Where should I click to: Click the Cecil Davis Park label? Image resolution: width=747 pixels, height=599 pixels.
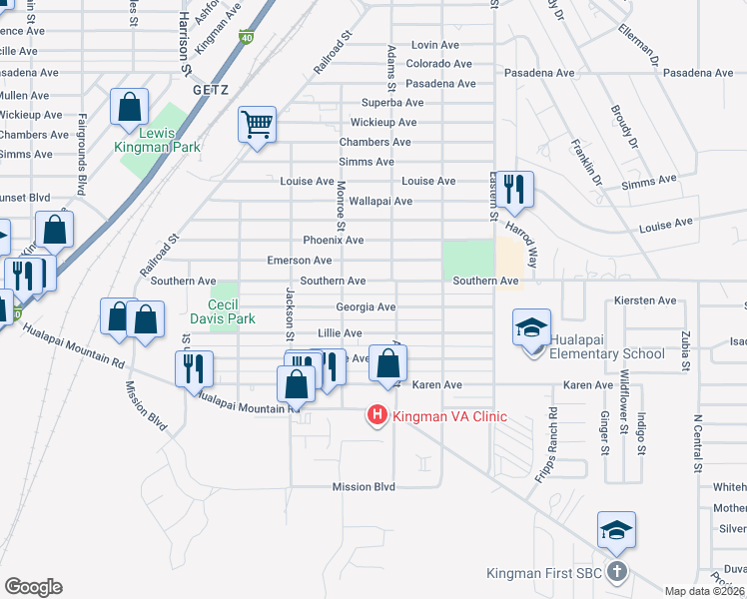(x=226, y=311)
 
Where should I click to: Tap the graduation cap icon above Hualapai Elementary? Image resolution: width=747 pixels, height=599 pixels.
(x=531, y=326)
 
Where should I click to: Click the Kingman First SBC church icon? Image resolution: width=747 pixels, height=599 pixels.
(x=617, y=572)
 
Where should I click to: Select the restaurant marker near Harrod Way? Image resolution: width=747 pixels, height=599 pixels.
(x=515, y=189)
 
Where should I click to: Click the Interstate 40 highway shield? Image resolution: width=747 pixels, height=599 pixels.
(x=246, y=38)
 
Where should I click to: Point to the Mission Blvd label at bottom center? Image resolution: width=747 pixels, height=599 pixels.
(x=364, y=487)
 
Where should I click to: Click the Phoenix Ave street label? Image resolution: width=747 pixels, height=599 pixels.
(x=334, y=241)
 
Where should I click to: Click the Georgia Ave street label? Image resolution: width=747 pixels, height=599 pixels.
(x=366, y=307)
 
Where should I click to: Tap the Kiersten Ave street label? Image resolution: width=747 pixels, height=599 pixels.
(x=647, y=300)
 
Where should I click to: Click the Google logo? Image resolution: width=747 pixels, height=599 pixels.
(x=33, y=587)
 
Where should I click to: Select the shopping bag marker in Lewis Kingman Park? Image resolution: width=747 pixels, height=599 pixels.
(x=130, y=107)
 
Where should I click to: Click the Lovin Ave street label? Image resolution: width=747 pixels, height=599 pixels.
(x=434, y=45)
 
